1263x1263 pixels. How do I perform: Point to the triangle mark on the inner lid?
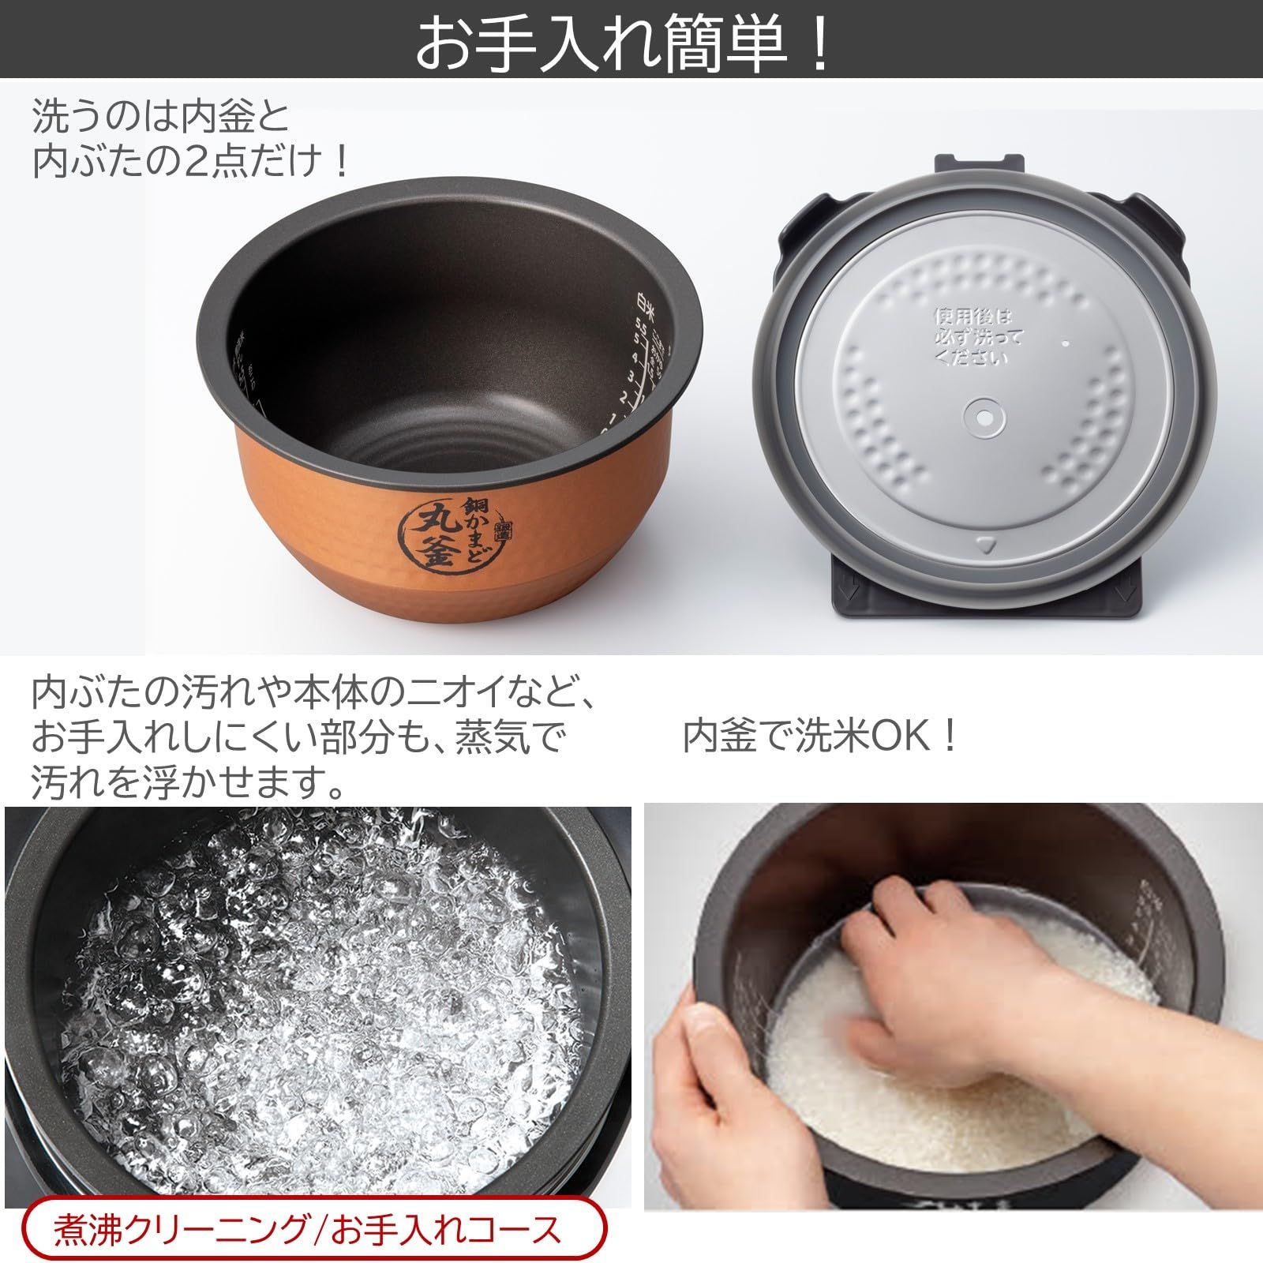(x=984, y=545)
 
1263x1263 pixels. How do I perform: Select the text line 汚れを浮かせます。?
(x=189, y=783)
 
